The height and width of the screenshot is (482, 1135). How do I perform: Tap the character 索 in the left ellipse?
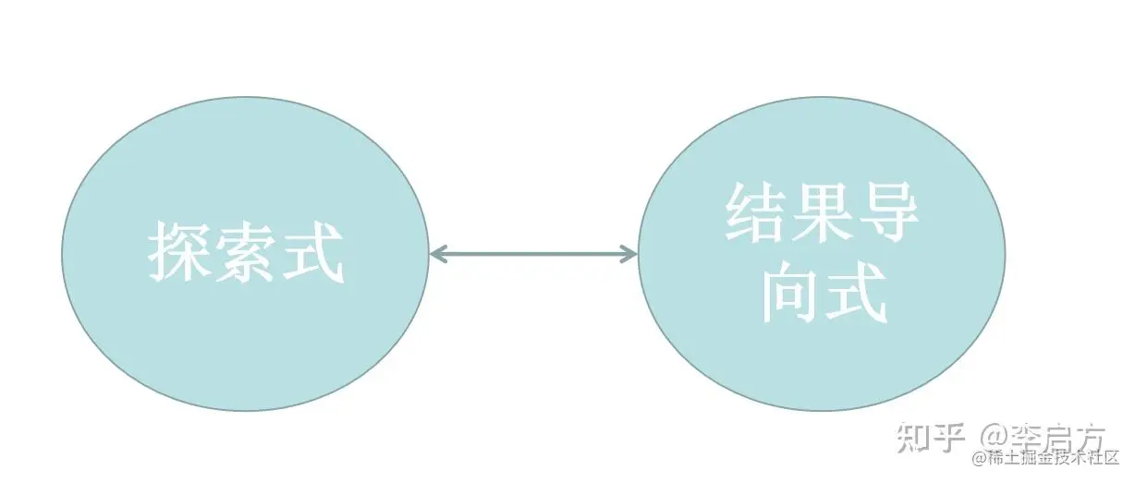(x=246, y=252)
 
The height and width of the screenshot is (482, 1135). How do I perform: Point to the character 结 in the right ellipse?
(x=757, y=211)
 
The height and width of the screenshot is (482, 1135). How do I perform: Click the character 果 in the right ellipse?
(x=823, y=211)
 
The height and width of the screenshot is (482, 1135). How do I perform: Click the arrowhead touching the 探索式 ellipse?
(x=439, y=253)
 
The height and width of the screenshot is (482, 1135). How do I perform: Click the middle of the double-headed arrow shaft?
(x=534, y=253)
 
